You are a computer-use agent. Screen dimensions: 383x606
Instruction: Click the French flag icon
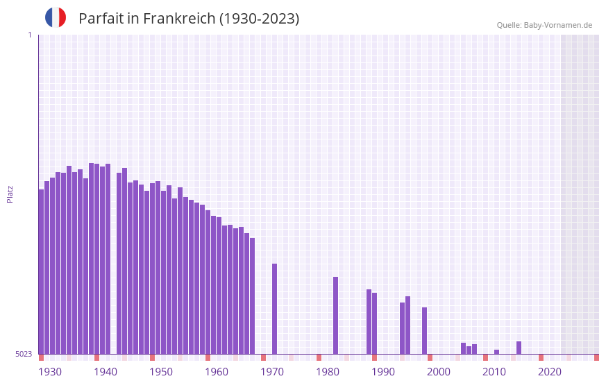click(56, 17)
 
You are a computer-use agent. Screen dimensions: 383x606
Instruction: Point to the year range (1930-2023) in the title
click(259, 19)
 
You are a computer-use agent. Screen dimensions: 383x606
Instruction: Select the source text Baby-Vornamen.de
click(557, 25)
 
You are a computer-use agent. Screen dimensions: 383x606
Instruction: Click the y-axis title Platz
click(10, 194)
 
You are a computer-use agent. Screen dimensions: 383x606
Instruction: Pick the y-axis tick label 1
click(29, 35)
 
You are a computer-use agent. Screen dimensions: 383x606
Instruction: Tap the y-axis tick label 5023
click(24, 354)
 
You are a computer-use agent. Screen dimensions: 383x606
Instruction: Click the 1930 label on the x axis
click(50, 372)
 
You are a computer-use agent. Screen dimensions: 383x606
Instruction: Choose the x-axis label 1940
click(106, 372)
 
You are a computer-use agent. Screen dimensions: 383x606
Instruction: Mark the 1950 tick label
click(161, 372)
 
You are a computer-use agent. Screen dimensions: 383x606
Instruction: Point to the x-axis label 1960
click(217, 372)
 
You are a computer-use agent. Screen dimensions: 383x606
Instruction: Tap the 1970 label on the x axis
click(272, 372)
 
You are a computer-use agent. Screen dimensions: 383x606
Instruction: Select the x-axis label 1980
click(328, 372)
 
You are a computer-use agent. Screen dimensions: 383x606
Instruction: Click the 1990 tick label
click(383, 372)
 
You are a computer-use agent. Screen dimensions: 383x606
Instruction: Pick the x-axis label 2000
click(439, 372)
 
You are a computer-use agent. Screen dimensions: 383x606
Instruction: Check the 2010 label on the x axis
click(494, 372)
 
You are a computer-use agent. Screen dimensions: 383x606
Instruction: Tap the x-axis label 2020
click(550, 372)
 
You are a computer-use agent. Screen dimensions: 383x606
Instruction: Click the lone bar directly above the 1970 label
click(274, 309)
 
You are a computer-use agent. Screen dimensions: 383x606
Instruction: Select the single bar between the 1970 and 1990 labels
click(335, 316)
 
